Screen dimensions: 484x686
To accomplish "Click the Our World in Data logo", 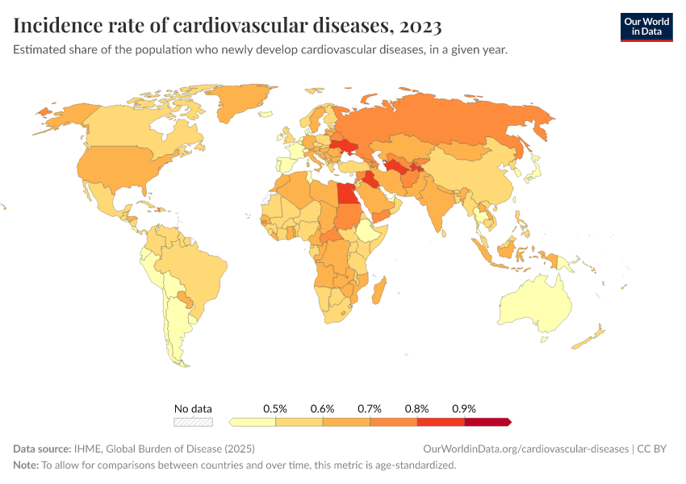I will tap(646, 27).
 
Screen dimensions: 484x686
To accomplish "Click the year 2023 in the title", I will tap(419, 27).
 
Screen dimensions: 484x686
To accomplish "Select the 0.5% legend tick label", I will tap(276, 409).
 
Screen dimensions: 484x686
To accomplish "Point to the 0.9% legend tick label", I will tap(464, 409).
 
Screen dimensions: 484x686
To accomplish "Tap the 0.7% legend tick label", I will tap(370, 409).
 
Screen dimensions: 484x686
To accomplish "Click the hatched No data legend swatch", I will tap(193, 422).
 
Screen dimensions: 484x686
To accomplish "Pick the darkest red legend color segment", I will tap(487, 422).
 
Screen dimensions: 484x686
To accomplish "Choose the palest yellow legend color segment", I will tap(253, 422).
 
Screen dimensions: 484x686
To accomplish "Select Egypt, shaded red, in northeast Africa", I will tap(345, 194).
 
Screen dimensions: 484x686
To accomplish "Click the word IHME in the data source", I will tap(86, 449).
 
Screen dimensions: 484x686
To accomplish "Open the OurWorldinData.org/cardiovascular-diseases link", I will tap(525, 449).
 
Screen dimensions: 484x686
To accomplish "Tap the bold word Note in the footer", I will tap(25, 465).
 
